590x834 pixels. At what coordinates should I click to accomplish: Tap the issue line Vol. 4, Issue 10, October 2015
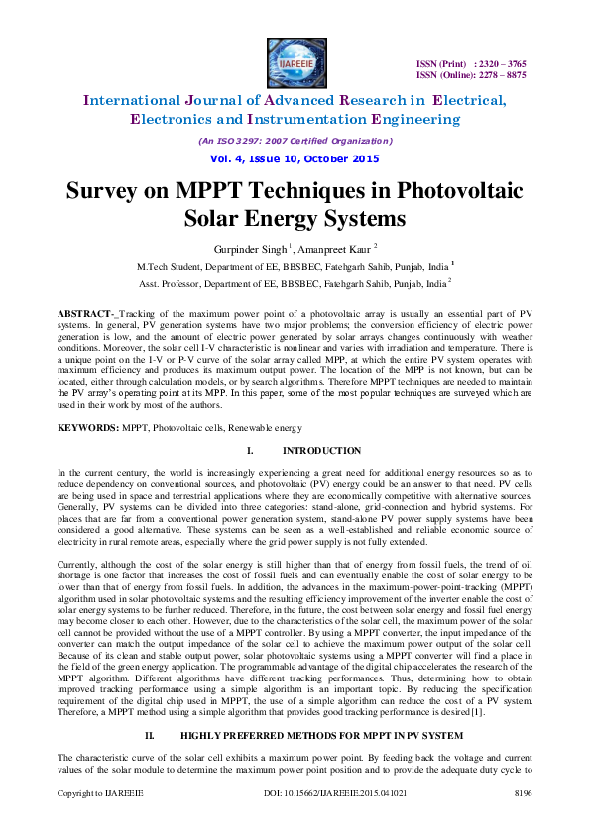(x=295, y=158)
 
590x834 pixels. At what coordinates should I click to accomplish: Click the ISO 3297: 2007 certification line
(x=295, y=140)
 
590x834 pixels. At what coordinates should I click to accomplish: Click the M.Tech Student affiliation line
(x=295, y=266)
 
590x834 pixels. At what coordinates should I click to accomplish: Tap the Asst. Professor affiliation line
(x=295, y=282)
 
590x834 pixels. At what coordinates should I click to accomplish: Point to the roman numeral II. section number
(x=152, y=735)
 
